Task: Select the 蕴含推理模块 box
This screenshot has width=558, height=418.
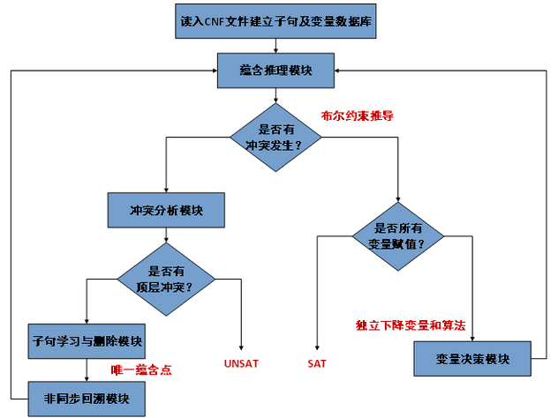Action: coord(275,71)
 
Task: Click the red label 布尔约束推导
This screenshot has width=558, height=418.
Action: coord(357,115)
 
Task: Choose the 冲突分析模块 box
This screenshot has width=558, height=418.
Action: coord(166,211)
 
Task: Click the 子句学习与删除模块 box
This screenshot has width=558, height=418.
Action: coord(87,340)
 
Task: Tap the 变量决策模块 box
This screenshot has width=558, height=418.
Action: coord(472,359)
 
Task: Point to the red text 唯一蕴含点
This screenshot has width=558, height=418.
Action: coord(140,369)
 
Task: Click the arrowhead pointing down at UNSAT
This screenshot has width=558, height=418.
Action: coord(240,344)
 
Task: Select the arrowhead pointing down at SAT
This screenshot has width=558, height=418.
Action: coord(317,344)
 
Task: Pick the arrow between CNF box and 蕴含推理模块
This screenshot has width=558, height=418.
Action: coord(275,46)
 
